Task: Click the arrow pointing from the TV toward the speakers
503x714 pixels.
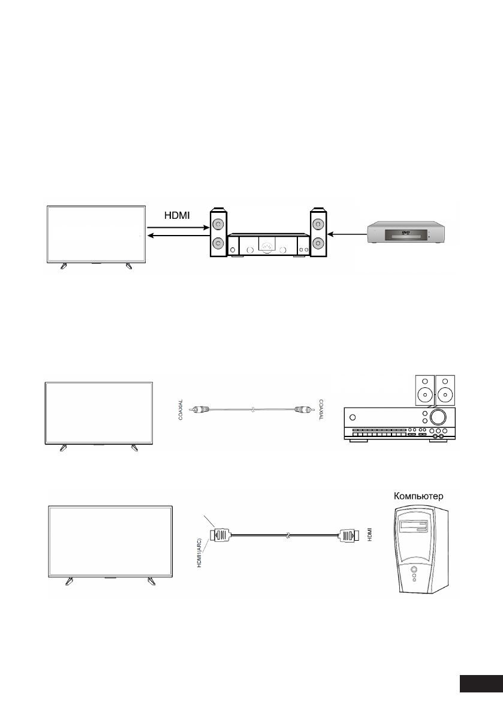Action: (x=177, y=228)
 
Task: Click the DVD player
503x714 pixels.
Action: (x=406, y=232)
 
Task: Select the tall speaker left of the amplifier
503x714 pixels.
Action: (x=218, y=234)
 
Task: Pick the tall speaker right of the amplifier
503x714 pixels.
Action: (x=318, y=234)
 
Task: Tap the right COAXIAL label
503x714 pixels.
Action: (x=321, y=410)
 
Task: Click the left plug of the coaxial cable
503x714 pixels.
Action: (x=200, y=411)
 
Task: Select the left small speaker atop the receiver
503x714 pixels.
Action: (x=424, y=390)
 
